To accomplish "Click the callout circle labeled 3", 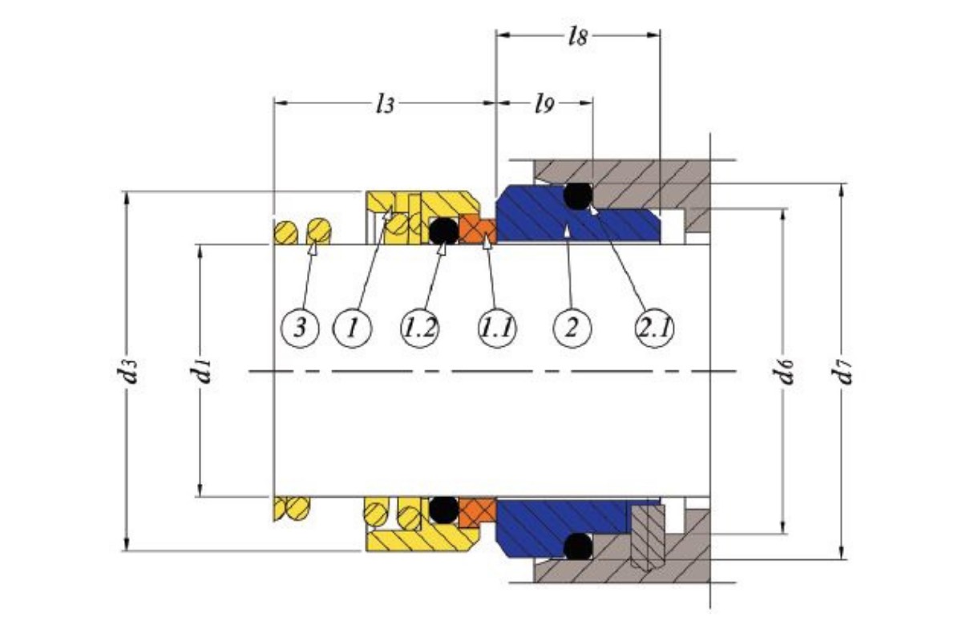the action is [300, 329].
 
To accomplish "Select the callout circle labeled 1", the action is [353, 329].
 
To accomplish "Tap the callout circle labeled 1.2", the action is [420, 329].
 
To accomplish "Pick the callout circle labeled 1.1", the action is [498, 329].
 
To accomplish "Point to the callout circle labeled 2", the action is [572, 329].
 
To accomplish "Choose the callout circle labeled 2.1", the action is [654, 329].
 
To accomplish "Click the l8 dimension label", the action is [578, 37].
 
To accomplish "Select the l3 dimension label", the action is [385, 104].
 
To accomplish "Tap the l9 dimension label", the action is [544, 104].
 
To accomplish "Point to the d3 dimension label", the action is [127, 370].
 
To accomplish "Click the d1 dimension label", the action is [201, 370].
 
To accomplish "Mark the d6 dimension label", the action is [782, 370].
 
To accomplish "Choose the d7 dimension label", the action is [841, 372].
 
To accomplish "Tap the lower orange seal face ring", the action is [478, 513].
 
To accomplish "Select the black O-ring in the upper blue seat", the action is [578, 196].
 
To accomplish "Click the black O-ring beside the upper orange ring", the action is [444, 231].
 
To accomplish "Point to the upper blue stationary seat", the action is [578, 214].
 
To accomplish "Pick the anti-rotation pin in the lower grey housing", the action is [648, 538].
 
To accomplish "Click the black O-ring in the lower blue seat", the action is [578, 546].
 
